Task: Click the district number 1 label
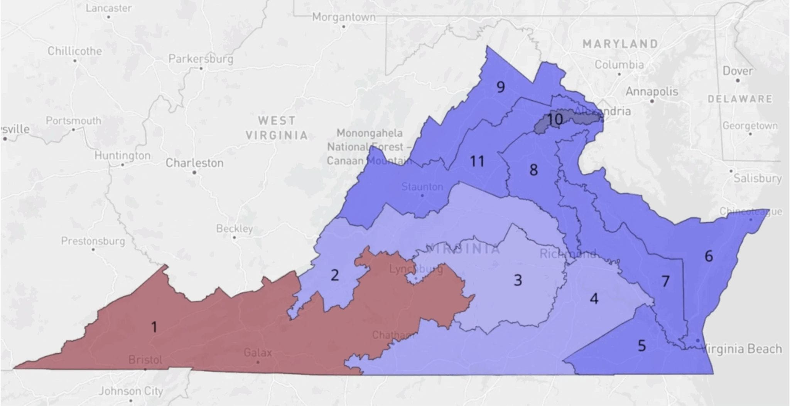point(154,327)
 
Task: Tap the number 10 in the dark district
point(554,119)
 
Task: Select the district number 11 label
point(477,161)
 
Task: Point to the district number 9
point(500,87)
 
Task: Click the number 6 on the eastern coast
point(708,256)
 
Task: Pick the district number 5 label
point(641,345)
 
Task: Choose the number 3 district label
point(518,280)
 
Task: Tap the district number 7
point(665,281)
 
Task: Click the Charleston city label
point(194,163)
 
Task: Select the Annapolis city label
point(652,91)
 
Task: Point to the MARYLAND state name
point(620,44)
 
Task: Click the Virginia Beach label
point(743,349)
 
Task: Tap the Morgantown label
point(343,17)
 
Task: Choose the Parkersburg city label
point(201,59)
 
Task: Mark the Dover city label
point(737,71)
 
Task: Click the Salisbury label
point(757,178)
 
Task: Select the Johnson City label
point(131,391)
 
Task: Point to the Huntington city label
point(122,156)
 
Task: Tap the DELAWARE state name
point(740,99)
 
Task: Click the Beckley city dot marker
point(234,237)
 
